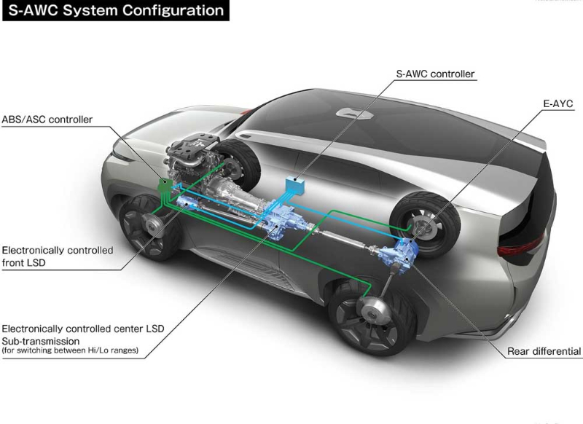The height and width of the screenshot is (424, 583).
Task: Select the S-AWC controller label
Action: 435,74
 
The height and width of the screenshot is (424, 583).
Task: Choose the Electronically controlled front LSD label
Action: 58,256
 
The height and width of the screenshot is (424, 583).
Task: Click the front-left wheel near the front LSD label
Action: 149,226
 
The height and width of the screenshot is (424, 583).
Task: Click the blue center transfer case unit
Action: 281,219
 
